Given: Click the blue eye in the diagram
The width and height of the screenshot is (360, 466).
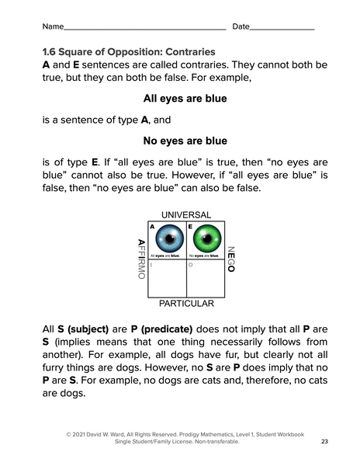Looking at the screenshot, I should point(164,238).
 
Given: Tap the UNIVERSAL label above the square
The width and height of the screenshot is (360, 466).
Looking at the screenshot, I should point(185,214).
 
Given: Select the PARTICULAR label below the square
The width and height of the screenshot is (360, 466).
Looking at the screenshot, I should point(185,304).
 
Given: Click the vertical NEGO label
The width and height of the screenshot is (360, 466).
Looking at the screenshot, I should point(230,259).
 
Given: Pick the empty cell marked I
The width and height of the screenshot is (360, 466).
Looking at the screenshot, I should point(165,278).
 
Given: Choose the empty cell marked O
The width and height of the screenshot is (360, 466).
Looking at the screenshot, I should point(205,278).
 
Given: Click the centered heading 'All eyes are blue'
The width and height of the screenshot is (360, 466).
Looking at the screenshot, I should point(185,99).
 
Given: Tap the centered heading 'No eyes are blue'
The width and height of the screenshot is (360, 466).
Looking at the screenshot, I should point(185,141).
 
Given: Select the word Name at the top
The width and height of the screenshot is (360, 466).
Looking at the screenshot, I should point(53,26).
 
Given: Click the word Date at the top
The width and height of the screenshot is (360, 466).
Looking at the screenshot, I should point(241,26).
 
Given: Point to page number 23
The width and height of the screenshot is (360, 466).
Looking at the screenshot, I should point(324,441).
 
